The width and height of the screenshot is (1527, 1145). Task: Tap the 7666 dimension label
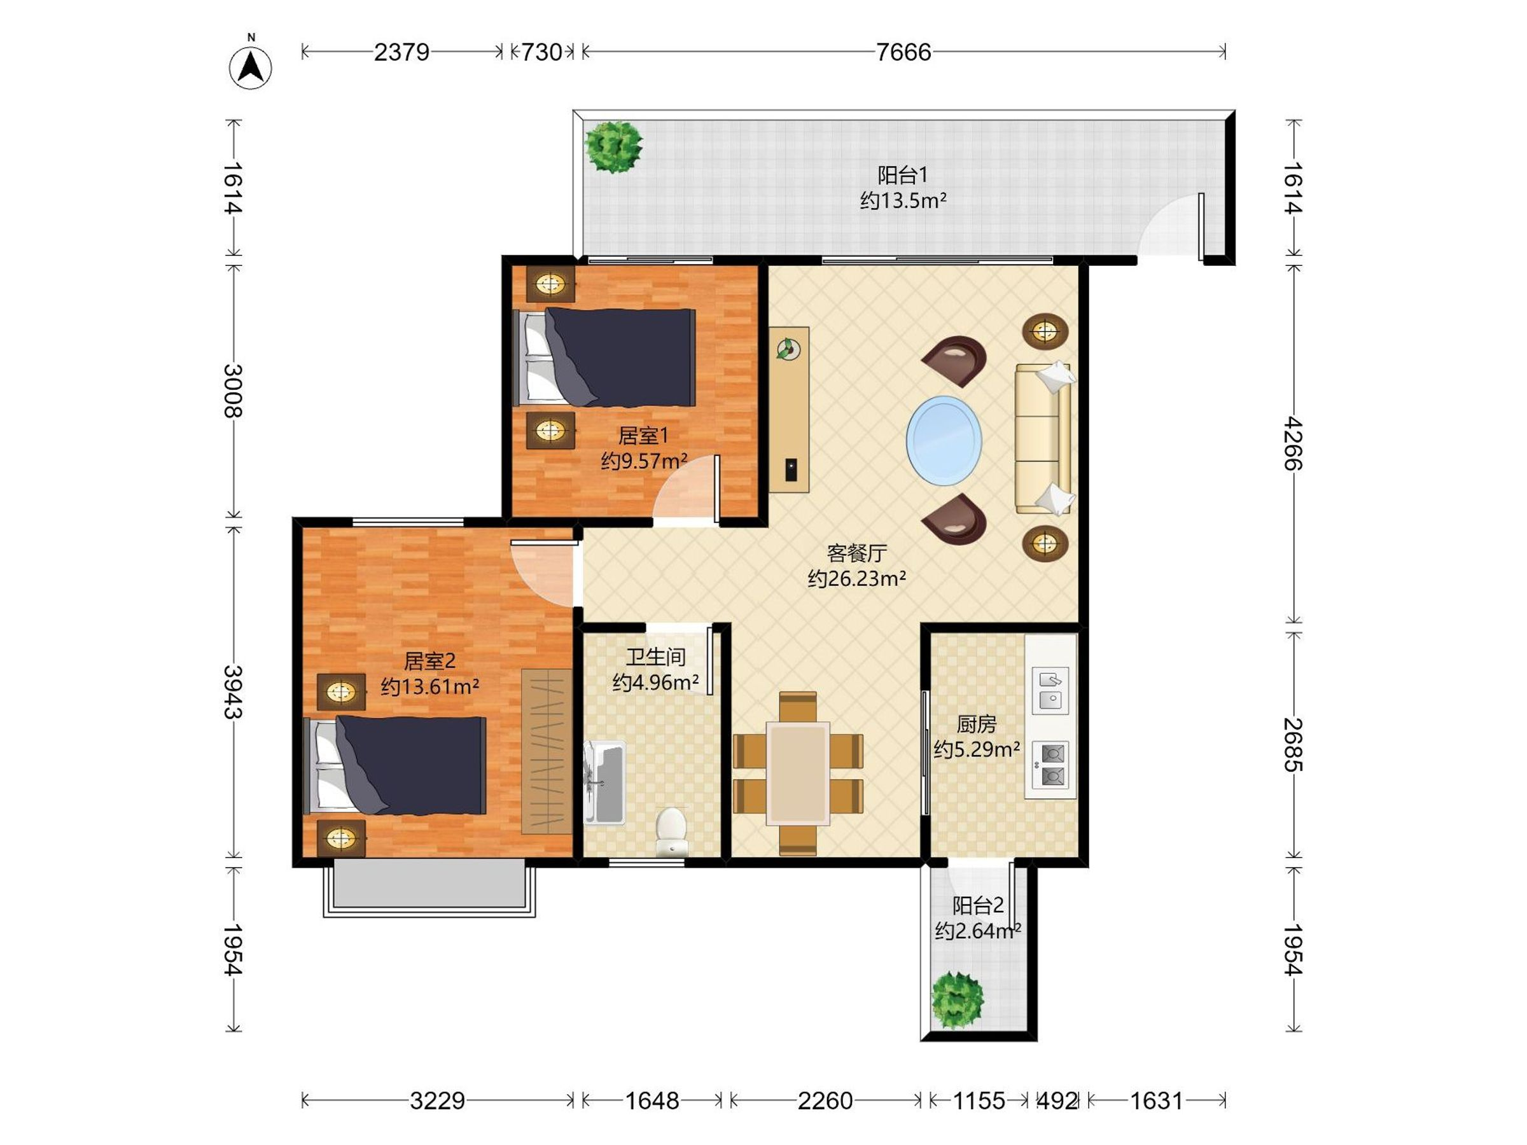coord(903,52)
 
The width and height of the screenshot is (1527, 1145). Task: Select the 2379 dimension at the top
coord(401,52)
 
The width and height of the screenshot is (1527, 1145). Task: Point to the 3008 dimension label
coord(233,391)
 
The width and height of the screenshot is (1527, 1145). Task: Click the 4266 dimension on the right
coord(1293,443)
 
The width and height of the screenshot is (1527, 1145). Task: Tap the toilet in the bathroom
coord(671,832)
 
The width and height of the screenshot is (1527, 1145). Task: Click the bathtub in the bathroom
coord(604,783)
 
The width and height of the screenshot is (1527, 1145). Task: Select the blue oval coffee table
coord(944,440)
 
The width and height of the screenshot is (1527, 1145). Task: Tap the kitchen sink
coord(1050,690)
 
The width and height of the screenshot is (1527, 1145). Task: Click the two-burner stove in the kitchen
coord(1050,765)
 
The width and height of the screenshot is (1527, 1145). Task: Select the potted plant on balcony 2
coord(957,1000)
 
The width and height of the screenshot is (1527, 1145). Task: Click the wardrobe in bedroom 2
coord(547,751)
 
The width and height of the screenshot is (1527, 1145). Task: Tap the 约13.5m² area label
coord(903,201)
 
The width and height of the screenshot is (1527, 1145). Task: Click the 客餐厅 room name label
coord(856,553)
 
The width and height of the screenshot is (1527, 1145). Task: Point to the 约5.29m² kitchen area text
coord(977,749)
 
